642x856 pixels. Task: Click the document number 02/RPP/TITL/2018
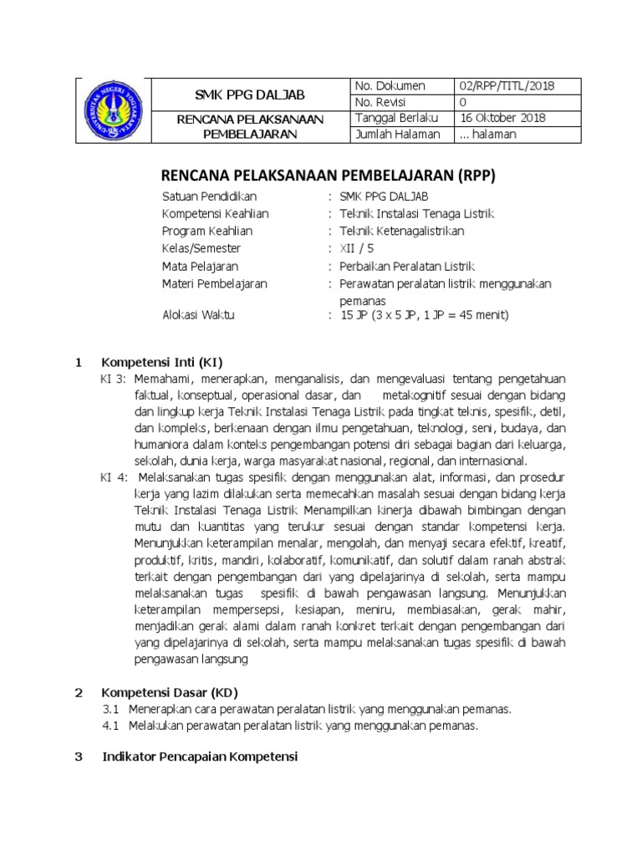point(507,86)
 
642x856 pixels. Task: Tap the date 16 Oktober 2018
point(502,118)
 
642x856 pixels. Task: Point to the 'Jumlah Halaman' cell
point(394,134)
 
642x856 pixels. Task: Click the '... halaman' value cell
point(488,134)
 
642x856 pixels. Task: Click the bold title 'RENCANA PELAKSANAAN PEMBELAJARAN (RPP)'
point(328,176)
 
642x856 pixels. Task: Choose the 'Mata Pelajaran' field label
point(200,267)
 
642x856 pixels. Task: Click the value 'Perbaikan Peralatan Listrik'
point(407,267)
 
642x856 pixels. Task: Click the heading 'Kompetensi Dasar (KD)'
point(170,692)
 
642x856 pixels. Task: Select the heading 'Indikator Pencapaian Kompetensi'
point(199,757)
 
